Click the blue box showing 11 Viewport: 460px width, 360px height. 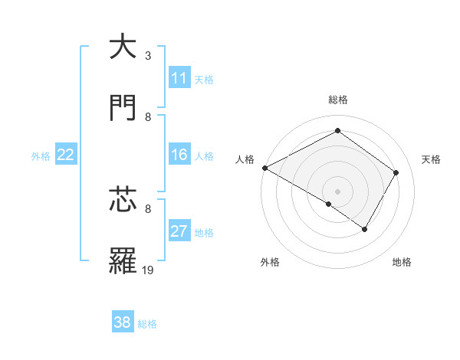(x=179, y=78)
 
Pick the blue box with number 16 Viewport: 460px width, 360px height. (x=179, y=155)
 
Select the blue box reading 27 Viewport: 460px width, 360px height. (x=179, y=231)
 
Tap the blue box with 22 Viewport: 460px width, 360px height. (x=66, y=155)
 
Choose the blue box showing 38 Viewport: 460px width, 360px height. (x=123, y=322)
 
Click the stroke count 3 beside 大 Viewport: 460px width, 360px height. (x=148, y=56)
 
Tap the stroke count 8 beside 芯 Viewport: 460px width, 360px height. (x=148, y=208)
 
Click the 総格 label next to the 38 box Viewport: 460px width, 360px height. (x=147, y=324)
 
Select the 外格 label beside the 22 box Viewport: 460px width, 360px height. (x=41, y=155)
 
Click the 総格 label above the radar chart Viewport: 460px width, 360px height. (x=338, y=100)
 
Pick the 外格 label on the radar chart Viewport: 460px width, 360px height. (x=270, y=262)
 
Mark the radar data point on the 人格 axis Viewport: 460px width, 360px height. (x=264, y=168)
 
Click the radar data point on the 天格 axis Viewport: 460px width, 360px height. (x=396, y=172)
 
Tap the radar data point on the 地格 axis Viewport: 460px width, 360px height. (x=365, y=229)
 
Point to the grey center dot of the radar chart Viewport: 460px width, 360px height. (x=337, y=191)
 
